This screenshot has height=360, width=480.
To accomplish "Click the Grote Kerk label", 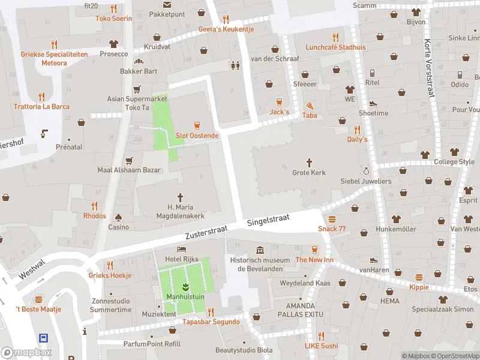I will [x=309, y=173].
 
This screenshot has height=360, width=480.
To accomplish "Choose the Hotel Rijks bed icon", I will [x=181, y=249].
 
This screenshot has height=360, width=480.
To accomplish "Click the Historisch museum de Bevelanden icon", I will [x=260, y=250].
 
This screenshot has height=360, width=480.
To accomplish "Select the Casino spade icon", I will [x=118, y=217].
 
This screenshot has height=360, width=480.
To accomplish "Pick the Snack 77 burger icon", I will [x=332, y=218].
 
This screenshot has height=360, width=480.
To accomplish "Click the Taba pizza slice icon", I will [x=310, y=105].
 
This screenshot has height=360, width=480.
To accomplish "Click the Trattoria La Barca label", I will [x=41, y=107].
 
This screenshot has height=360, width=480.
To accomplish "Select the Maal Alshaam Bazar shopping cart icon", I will [x=129, y=160].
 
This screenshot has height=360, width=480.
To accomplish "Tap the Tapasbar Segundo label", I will [x=211, y=322].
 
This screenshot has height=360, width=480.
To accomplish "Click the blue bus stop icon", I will [x=44, y=338].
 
